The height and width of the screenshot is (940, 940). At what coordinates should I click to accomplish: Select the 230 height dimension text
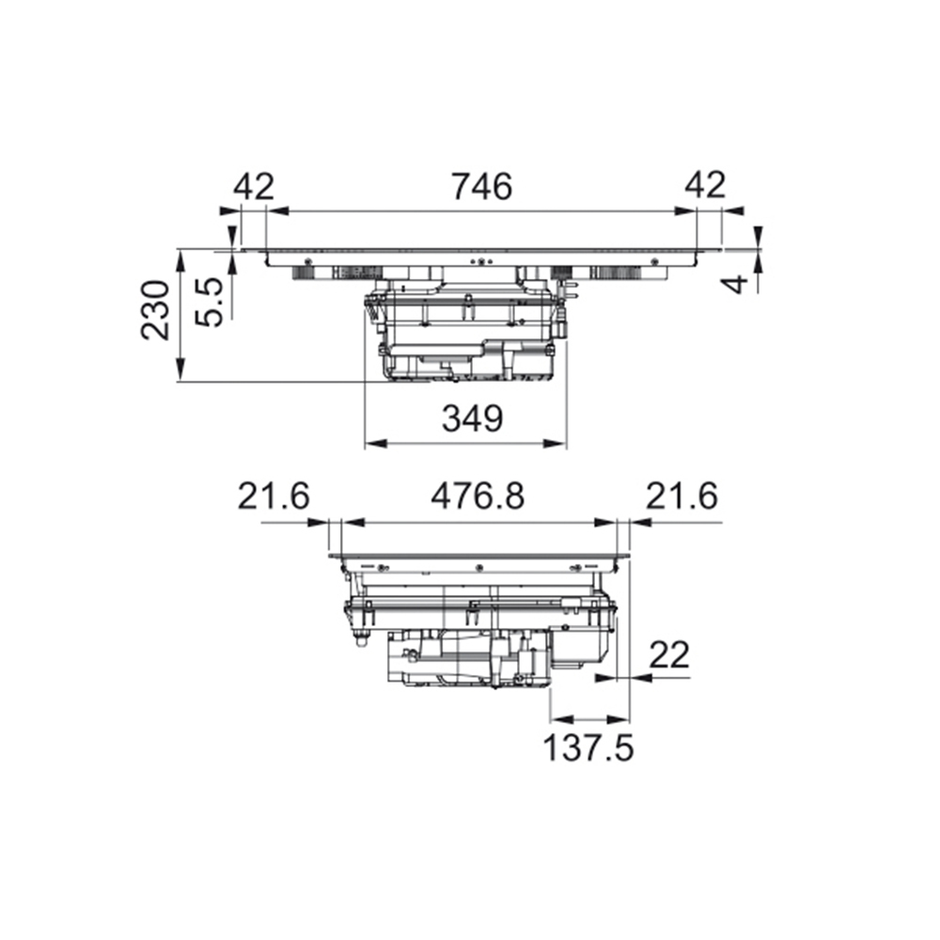(x=155, y=309)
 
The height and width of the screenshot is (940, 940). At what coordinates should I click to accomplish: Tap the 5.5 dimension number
(x=210, y=302)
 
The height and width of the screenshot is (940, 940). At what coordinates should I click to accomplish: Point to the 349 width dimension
(x=473, y=418)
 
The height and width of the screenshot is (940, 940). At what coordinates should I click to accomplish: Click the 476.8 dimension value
(x=478, y=496)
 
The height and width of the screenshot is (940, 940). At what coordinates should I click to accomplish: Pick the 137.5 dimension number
(x=587, y=747)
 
